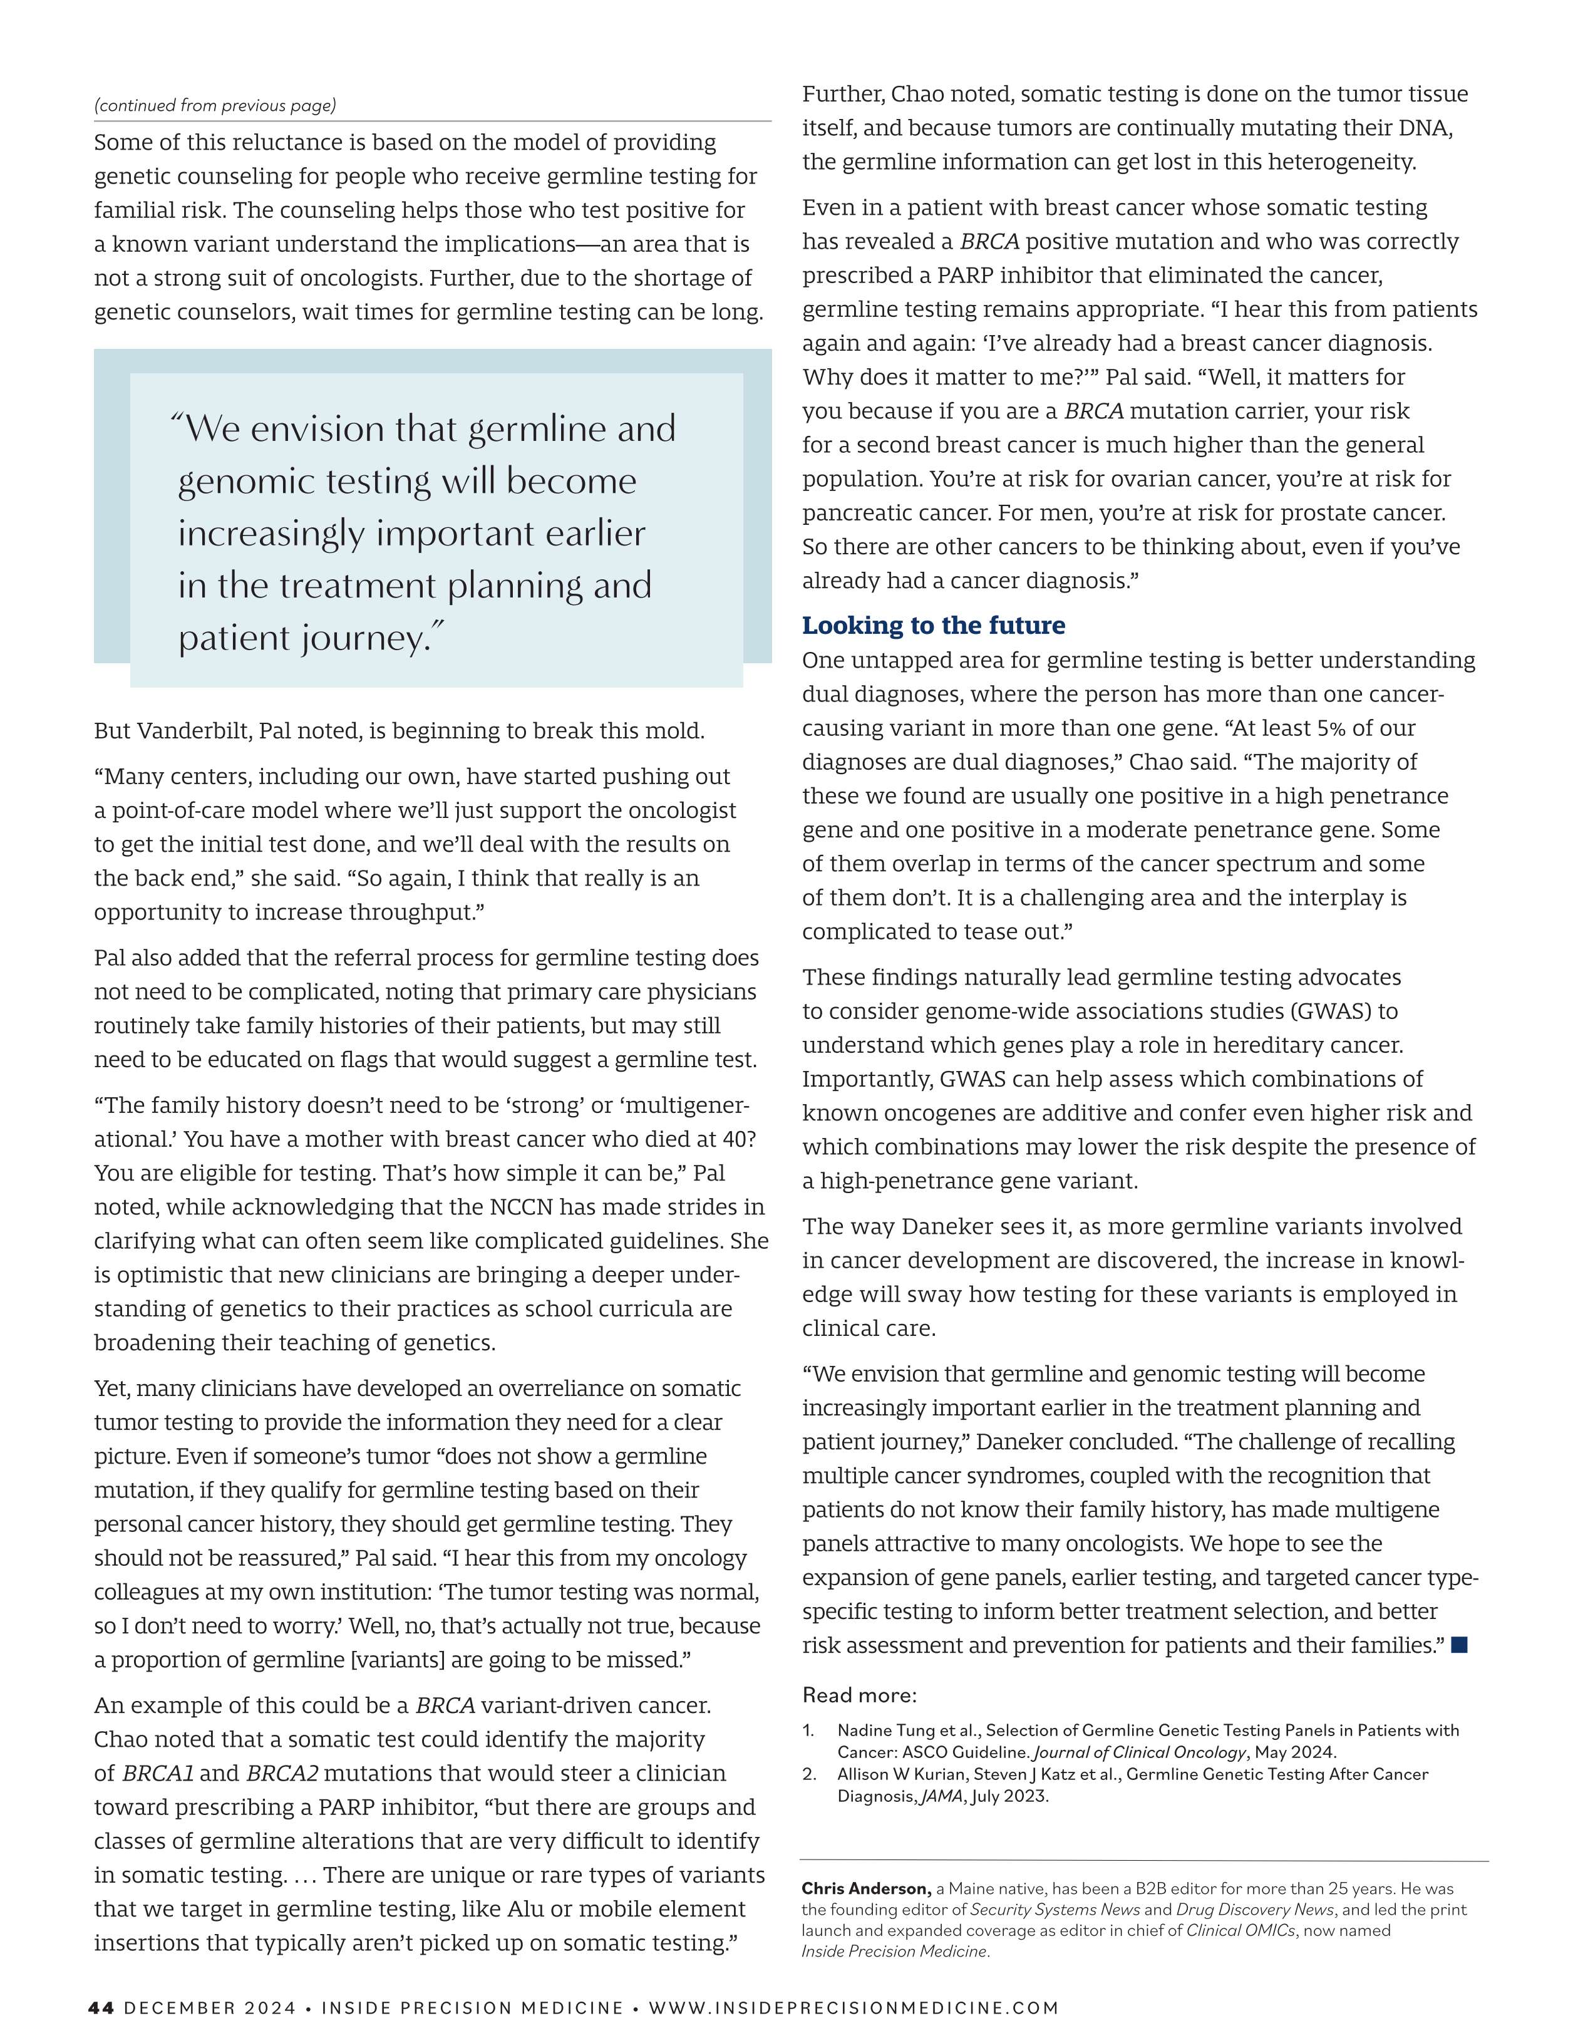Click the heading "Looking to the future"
(x=932, y=625)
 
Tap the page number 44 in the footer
(x=101, y=2007)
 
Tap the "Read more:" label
(x=859, y=1695)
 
